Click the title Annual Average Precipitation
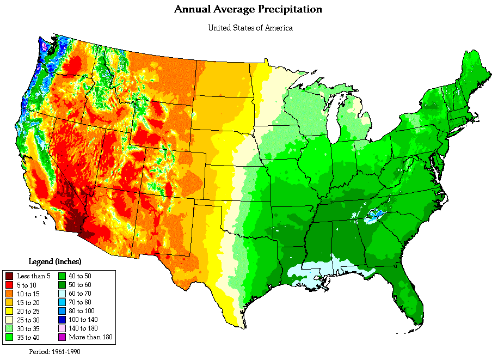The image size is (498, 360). [x=248, y=9]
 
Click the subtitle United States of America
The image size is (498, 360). [x=250, y=28]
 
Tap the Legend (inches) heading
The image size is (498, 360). [x=55, y=261]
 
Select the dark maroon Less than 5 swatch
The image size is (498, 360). [x=9, y=276]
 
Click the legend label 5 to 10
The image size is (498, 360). [x=28, y=285]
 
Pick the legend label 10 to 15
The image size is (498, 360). [x=29, y=294]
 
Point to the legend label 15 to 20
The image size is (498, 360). [x=29, y=302]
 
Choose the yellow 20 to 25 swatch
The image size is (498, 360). [x=9, y=311]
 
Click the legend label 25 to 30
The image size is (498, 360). [x=29, y=320]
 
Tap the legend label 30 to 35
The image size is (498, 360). [x=29, y=328]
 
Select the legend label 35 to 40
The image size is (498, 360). [x=29, y=337]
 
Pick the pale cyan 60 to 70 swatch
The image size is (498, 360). [x=62, y=294]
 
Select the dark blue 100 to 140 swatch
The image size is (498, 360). [x=62, y=320]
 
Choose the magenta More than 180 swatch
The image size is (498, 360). [x=62, y=337]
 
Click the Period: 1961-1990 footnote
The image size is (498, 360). [x=54, y=351]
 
